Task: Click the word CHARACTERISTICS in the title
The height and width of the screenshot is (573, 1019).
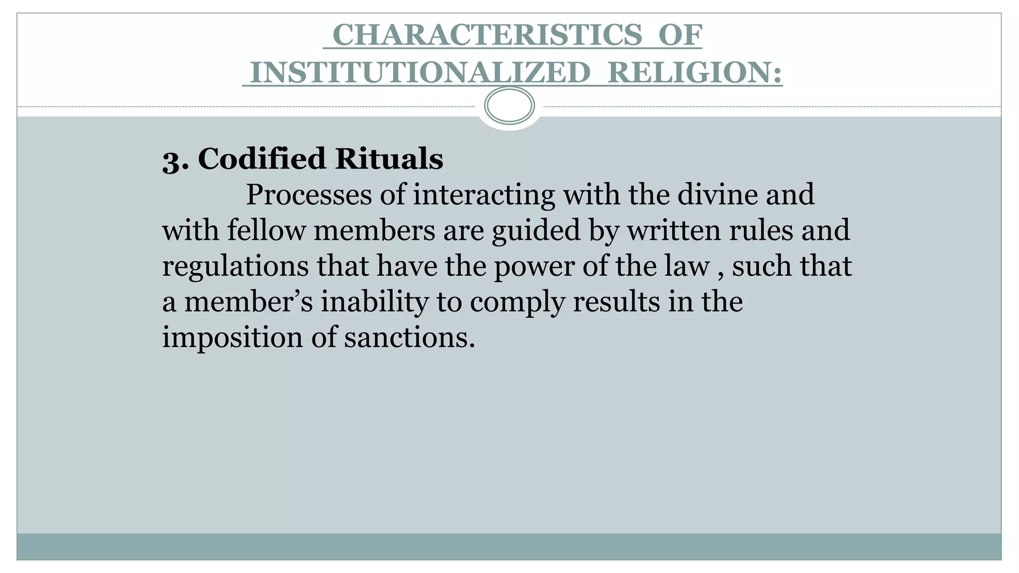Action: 487,35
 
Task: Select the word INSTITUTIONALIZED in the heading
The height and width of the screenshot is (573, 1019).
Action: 420,73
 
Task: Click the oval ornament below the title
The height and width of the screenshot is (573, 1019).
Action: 509,105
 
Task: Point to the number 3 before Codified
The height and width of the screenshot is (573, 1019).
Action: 172,160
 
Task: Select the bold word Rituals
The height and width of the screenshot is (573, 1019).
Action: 389,159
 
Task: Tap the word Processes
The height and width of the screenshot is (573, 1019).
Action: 308,194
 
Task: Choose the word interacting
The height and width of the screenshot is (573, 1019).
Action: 484,194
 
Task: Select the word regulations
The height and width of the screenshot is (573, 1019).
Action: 235,267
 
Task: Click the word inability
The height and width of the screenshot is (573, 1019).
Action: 374,302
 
